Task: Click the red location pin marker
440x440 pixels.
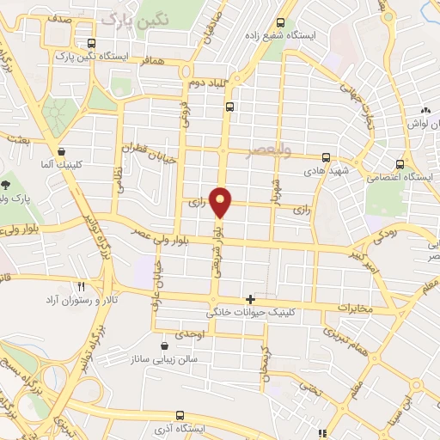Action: [x=222, y=201]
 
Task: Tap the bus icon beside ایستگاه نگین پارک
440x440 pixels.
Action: [x=91, y=43]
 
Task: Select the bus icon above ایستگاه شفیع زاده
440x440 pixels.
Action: [x=280, y=24]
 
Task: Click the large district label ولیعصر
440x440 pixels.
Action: [x=292, y=149]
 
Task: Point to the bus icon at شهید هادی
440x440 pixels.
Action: [x=326, y=157]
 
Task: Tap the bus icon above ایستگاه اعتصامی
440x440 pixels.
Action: [x=399, y=164]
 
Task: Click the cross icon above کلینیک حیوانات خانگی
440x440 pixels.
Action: [x=250, y=299]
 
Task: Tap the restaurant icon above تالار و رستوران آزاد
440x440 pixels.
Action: [x=81, y=285]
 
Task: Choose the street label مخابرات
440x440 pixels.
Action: [x=355, y=308]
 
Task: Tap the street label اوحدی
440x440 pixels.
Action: [x=190, y=333]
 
